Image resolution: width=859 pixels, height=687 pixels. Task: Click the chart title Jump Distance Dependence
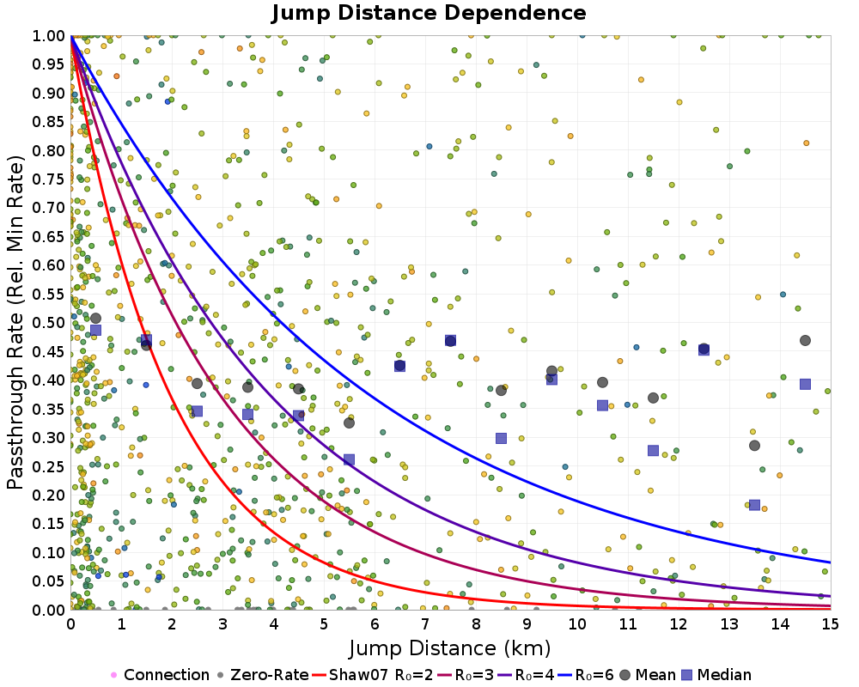pos(429,13)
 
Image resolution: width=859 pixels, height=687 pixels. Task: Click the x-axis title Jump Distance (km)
pos(450,647)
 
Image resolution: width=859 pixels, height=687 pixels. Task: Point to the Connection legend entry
pos(159,675)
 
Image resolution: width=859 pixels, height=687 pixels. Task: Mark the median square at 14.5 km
pos(805,384)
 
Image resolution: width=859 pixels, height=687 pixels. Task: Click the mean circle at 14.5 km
pos(805,341)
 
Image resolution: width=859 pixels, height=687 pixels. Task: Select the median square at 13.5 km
pos(754,505)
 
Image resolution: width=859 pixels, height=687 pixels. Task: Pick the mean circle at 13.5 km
pos(754,445)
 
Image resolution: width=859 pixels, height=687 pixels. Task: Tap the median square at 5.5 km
pos(349,459)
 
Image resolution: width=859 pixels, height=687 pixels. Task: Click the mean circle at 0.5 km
pos(95,319)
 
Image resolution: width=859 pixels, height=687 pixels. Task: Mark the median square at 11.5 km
pos(653,450)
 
